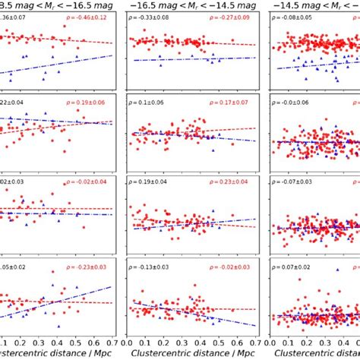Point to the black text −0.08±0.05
292,16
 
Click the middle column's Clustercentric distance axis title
191,354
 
